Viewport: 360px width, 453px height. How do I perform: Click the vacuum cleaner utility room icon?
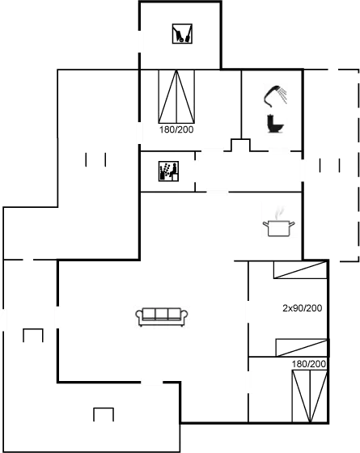click(x=182, y=34)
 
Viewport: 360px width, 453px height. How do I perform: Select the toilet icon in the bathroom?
click(x=275, y=124)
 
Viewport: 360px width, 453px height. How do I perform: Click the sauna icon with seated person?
click(x=168, y=171)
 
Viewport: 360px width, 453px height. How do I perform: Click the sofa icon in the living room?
click(x=162, y=316)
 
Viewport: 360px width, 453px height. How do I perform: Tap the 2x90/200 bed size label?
click(x=303, y=308)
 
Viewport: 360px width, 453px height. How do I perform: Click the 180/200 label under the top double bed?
click(x=176, y=129)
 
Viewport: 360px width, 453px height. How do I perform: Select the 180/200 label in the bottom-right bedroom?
click(x=308, y=364)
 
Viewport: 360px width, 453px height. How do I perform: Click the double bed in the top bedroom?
click(x=176, y=96)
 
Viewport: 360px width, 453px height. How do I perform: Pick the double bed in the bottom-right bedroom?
click(x=309, y=396)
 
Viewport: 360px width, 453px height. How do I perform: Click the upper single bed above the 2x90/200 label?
click(x=300, y=270)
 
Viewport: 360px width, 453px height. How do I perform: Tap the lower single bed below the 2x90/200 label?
click(x=302, y=348)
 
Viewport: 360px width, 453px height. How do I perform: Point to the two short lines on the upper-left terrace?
click(x=95, y=160)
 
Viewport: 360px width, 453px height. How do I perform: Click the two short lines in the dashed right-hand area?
click(x=330, y=165)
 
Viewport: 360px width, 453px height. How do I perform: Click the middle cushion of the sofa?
click(x=162, y=314)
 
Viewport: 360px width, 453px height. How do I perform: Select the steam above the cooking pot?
click(x=279, y=213)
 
